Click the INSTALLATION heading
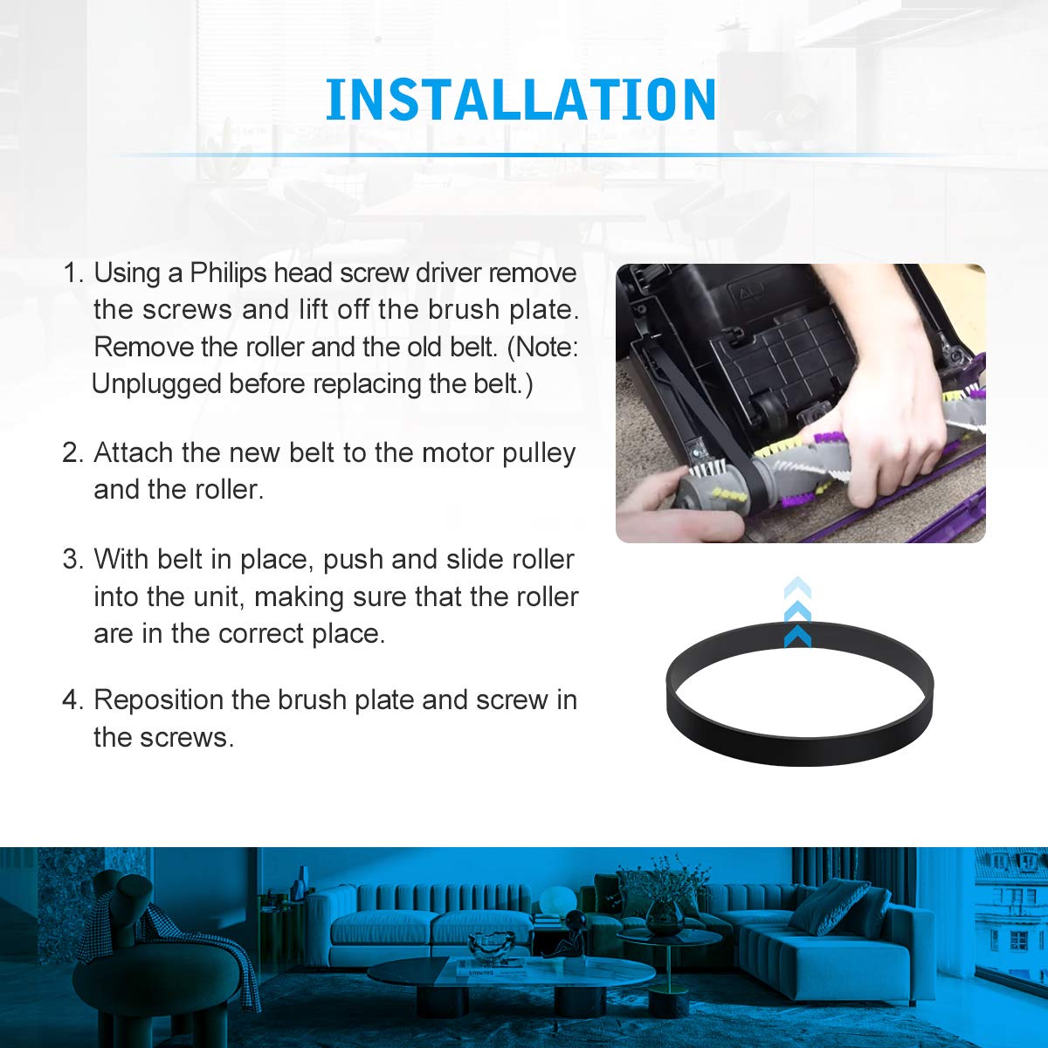[521, 100]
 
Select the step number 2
[72, 453]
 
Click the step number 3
[72, 559]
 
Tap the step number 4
[72, 700]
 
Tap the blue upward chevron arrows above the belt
[797, 612]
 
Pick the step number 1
[72, 273]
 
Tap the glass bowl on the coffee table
[491, 948]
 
